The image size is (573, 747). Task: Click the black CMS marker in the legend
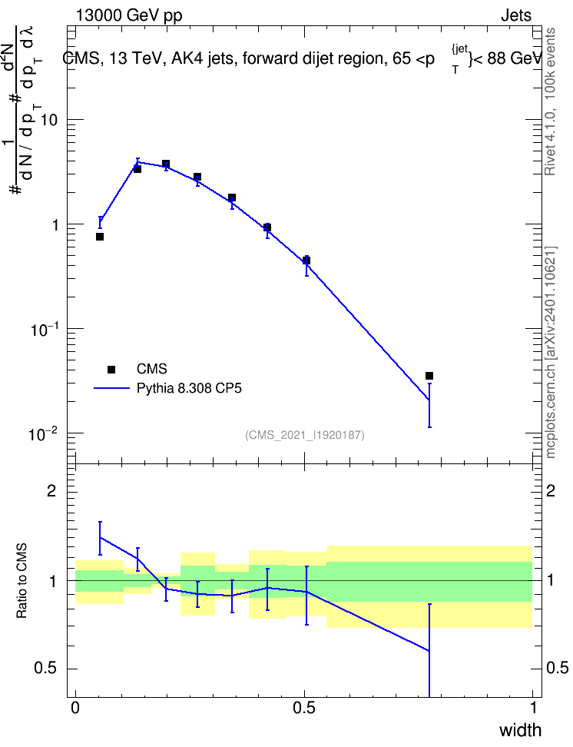click(x=111, y=369)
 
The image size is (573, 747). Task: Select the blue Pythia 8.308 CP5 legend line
click(x=111, y=388)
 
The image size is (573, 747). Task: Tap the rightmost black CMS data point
click(x=429, y=376)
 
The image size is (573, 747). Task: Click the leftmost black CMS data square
click(x=100, y=237)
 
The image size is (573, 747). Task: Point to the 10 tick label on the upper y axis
click(x=48, y=120)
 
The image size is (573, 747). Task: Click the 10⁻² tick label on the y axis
click(x=43, y=434)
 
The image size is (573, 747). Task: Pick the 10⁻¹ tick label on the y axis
click(x=44, y=329)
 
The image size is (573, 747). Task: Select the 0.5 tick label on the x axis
click(x=304, y=708)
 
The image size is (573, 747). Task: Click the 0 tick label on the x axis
click(x=75, y=708)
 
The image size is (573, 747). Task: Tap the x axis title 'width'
click(x=520, y=730)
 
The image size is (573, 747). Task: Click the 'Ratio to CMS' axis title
click(x=22, y=581)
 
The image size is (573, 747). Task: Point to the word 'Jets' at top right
click(x=516, y=15)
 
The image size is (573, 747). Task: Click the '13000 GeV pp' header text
click(x=129, y=15)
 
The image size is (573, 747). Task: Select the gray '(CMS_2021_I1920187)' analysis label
click(x=305, y=435)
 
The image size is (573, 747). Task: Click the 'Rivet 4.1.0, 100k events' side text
click(x=550, y=101)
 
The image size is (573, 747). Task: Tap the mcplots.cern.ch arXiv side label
click(x=551, y=353)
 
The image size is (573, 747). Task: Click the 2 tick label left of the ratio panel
click(x=51, y=490)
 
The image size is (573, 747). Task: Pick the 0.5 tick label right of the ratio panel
click(x=558, y=668)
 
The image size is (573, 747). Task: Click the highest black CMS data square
click(x=166, y=164)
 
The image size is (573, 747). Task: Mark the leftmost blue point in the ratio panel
click(x=100, y=537)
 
